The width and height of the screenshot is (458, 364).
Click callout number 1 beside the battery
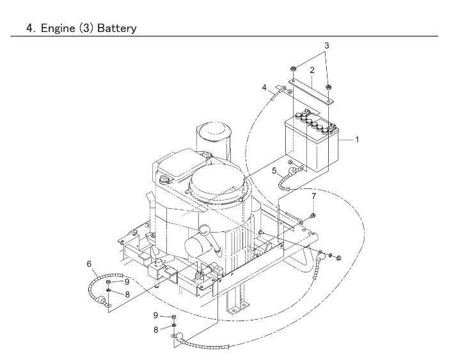tap(357, 138)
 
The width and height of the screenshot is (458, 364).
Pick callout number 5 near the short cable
tap(274, 171)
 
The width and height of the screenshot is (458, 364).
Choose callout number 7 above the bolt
tap(314, 195)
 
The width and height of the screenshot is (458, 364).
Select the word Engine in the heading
tap(54, 29)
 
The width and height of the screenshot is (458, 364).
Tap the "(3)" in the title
tap(84, 29)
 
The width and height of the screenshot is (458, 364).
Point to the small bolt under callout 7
tap(312, 213)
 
